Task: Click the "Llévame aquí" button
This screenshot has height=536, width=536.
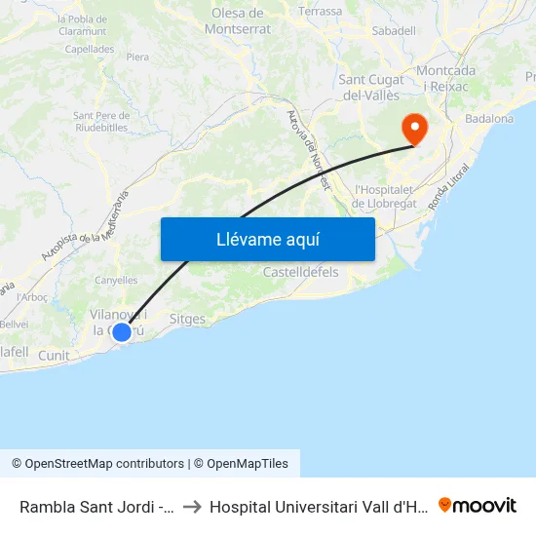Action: (x=267, y=239)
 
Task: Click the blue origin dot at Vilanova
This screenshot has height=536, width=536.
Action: (x=122, y=332)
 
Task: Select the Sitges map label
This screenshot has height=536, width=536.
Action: (x=187, y=319)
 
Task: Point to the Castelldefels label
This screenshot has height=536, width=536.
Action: (x=301, y=272)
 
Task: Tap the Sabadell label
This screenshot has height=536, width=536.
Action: (x=394, y=31)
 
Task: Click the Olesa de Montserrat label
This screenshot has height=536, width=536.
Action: (x=238, y=20)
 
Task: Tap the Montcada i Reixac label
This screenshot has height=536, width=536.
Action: (x=445, y=79)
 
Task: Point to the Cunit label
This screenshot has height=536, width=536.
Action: (x=54, y=356)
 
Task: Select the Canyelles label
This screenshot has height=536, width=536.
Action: (x=116, y=281)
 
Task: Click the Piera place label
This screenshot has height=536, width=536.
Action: (x=137, y=57)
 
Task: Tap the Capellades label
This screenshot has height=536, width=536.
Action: (x=90, y=49)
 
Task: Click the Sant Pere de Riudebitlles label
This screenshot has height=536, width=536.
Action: (x=100, y=121)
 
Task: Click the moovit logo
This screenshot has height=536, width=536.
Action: (x=478, y=506)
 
